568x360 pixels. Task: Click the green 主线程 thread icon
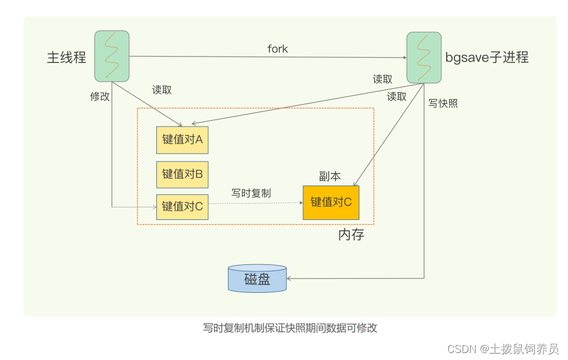[111, 56]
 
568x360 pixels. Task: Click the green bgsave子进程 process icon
[423, 57]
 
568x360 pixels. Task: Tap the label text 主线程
[67, 57]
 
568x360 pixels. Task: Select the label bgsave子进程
[487, 57]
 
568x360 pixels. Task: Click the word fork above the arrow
[278, 49]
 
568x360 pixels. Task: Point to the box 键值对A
[182, 140]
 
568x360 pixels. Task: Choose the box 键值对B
[182, 174]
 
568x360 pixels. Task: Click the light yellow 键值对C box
[182, 206]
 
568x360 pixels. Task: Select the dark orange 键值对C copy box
[331, 202]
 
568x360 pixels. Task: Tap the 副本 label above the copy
[329, 177]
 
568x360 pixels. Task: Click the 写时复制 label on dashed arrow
[251, 193]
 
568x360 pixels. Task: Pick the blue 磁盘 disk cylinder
[257, 279]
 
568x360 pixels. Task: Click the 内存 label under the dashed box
[351, 235]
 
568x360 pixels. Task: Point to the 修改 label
[100, 97]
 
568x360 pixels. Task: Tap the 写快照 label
[443, 103]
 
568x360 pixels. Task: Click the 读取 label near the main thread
[162, 90]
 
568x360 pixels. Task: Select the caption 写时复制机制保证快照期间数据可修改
[290, 328]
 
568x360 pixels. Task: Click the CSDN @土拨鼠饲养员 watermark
[503, 348]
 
